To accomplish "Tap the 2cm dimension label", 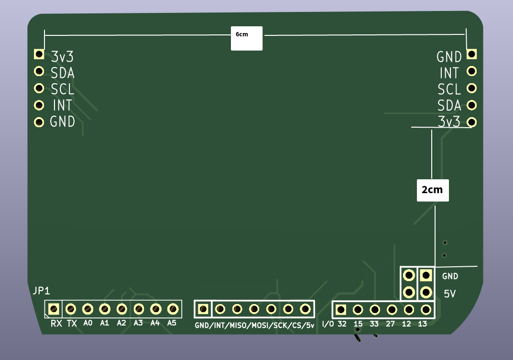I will click(432, 190).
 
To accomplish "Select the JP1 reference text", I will click(41, 291).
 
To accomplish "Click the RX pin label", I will click(56, 324).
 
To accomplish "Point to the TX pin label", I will click(71, 324).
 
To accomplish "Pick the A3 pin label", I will click(138, 323).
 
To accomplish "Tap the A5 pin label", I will click(172, 323).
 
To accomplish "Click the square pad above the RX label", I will click(54, 308).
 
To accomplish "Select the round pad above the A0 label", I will click(87, 308).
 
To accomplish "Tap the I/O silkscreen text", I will click(328, 324).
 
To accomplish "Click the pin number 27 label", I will click(391, 324).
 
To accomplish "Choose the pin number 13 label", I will click(422, 324).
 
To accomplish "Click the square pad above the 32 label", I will click(340, 309).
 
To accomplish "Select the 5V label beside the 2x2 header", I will click(450, 294).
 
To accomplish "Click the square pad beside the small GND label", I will click(426, 275).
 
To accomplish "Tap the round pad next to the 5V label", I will click(426, 292).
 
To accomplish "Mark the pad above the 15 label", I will click(358, 309).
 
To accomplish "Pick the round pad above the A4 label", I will click(155, 308).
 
